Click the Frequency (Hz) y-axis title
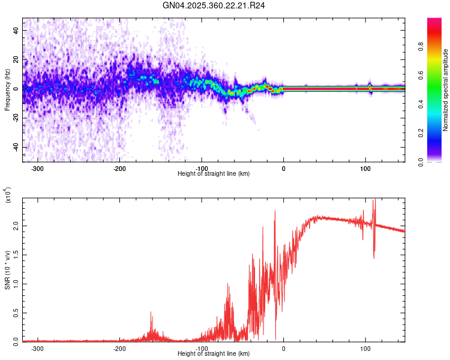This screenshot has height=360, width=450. click(7, 89)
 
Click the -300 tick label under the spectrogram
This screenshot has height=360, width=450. click(38, 168)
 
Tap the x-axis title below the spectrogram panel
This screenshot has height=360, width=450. click(214, 174)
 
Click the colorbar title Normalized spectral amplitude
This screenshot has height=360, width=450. click(446, 90)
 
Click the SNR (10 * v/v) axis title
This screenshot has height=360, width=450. click(7, 267)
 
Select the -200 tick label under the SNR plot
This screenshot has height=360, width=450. click(119, 348)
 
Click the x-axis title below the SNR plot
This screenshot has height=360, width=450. click(214, 354)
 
